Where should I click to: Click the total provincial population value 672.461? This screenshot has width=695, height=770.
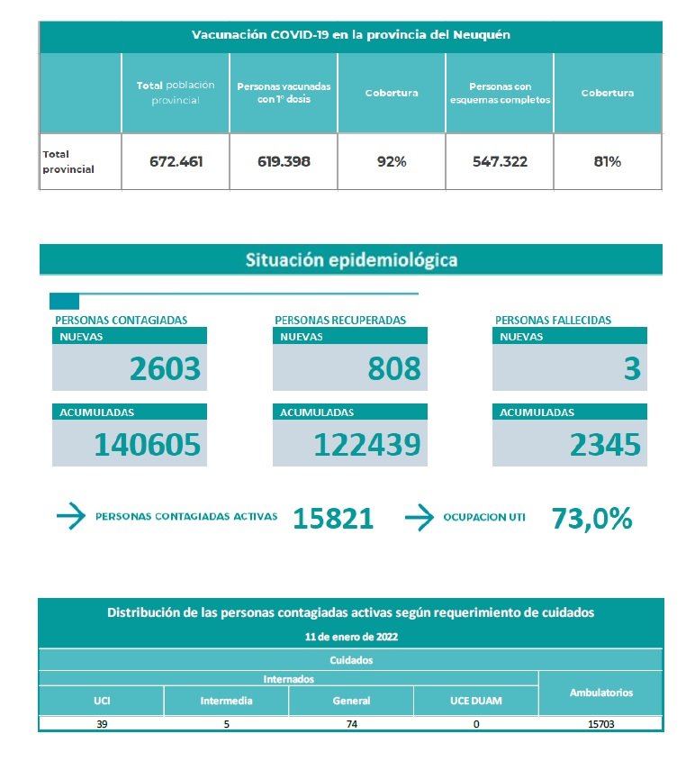coord(176,162)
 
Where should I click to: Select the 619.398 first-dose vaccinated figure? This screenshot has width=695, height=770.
coord(284,162)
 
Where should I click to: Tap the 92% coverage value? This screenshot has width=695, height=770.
coord(392,162)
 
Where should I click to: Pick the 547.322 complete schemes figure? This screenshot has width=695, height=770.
coord(500,162)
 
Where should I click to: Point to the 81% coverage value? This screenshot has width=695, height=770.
coord(607,162)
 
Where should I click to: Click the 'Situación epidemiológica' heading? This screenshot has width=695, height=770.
coord(351,260)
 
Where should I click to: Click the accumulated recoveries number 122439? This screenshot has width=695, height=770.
coord(367,444)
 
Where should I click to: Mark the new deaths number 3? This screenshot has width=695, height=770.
coord(632,368)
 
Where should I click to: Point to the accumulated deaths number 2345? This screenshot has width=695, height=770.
coord(606,444)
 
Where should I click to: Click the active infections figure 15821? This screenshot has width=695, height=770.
coord(333,518)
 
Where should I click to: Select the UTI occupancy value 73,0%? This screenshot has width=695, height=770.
coord(591,518)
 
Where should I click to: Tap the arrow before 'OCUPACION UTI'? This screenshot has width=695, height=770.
coord(420,517)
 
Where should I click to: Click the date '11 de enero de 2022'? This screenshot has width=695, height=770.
coord(351,636)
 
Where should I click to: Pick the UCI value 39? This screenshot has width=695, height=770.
coord(101,723)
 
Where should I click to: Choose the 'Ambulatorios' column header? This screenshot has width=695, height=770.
coord(600,693)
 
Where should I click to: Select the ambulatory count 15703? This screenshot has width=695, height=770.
coord(600,723)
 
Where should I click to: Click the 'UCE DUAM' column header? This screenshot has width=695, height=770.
coord(475,700)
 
